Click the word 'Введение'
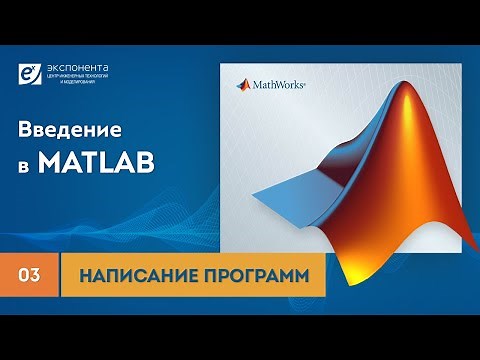pos(69,131)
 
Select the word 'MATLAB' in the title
pos(97,162)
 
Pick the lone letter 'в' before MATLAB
pos(27,164)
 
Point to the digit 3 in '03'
pos(36,272)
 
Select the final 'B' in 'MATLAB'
pos(146,162)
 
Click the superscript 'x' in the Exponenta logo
pos(37,67)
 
